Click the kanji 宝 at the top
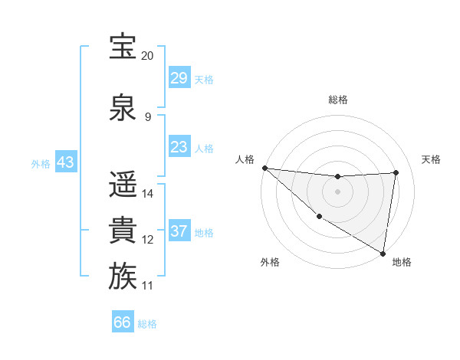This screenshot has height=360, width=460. point(123,47)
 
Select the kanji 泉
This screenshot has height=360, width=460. point(123,108)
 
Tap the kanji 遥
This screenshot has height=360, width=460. point(123,185)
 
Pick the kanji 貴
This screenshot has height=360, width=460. point(123,231)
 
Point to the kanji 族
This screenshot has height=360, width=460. point(123,277)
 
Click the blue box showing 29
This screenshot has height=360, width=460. point(179,78)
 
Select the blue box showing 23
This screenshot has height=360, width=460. point(179,147)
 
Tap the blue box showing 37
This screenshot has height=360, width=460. point(179,231)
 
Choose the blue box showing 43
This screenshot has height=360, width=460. point(65,163)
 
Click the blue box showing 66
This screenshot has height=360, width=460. point(123,322)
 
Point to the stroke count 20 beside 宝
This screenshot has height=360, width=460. point(147,57)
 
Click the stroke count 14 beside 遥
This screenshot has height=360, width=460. point(148,194)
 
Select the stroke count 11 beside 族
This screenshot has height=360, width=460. point(147,286)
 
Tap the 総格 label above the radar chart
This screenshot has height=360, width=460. point(337,100)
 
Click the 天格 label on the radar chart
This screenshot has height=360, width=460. point(431,159)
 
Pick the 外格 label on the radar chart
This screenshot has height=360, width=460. point(270,262)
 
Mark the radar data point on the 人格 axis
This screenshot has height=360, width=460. point(264,168)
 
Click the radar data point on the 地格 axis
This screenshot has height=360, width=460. point(383,253)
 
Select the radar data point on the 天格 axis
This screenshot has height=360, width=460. point(396,172)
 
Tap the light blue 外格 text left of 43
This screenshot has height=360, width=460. point(40,164)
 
